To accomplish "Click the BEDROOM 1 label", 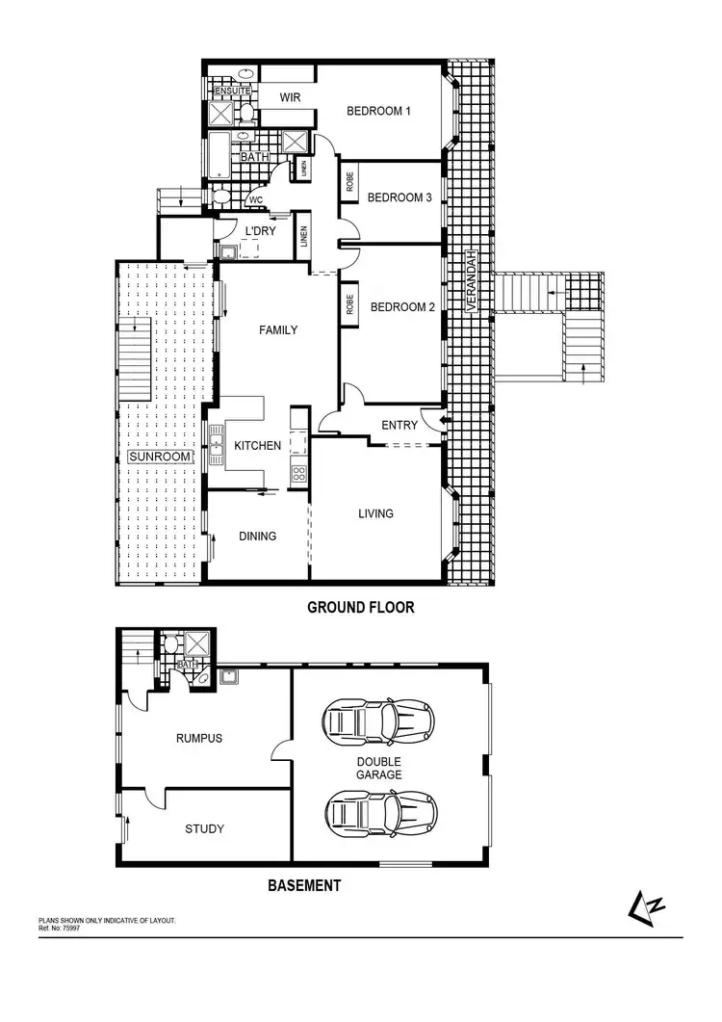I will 378,111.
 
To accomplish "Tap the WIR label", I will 290,98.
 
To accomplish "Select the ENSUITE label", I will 231,91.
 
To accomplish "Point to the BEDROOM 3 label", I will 400,197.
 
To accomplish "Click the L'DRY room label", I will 261,231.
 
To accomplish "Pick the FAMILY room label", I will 278,329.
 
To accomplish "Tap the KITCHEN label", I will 258,446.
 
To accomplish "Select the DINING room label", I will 257,537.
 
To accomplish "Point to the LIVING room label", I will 375,513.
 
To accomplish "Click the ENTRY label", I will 400,425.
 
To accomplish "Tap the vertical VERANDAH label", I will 472,278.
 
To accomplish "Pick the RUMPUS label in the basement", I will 199,739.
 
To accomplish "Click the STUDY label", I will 204,828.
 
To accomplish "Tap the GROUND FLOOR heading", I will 360,608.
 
